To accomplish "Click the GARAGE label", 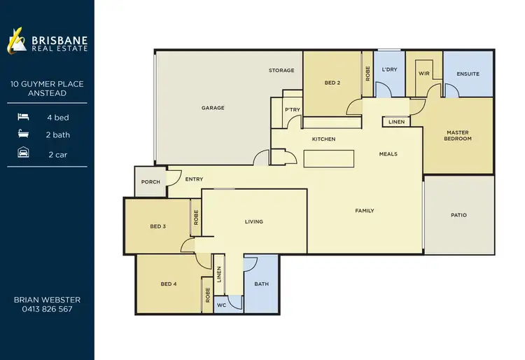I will [x=213, y=108].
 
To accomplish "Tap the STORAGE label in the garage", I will [x=281, y=71].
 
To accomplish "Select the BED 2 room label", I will [x=332, y=83].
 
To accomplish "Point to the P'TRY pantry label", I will [x=292, y=111].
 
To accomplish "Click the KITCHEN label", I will [x=323, y=139].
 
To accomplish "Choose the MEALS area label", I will [x=388, y=154].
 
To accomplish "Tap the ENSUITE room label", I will [x=468, y=74].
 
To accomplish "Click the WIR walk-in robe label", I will [x=423, y=73].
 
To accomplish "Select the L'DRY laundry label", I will [x=389, y=70].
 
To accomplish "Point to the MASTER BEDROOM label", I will [x=458, y=135].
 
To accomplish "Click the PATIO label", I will [x=458, y=215].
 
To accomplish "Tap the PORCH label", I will [x=150, y=182].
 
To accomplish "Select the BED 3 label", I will [x=157, y=226].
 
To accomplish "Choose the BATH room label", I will [x=261, y=284].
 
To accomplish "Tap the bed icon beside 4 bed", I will [x=24, y=118].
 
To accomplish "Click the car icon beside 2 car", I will [x=24, y=154].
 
